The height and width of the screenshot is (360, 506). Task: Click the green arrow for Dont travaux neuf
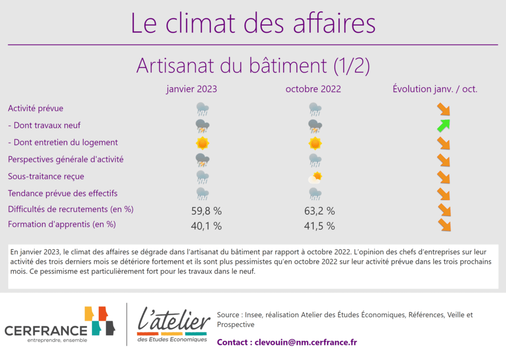click(x=443, y=125)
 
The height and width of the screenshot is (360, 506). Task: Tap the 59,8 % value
click(x=206, y=211)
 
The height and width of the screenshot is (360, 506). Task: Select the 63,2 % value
click(x=320, y=211)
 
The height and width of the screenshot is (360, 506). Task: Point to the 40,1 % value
click(x=206, y=226)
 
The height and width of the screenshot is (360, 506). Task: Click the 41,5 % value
click(x=320, y=226)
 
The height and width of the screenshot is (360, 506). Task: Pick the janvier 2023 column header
click(x=192, y=89)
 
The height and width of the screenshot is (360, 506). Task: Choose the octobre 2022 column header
click(x=313, y=89)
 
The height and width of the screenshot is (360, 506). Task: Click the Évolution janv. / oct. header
click(x=435, y=89)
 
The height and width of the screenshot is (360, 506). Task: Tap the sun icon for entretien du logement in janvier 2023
click(x=202, y=143)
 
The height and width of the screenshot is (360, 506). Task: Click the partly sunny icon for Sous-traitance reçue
click(x=315, y=177)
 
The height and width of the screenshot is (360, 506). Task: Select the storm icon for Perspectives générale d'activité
click(x=202, y=160)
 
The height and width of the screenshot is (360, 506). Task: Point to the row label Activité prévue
click(x=36, y=108)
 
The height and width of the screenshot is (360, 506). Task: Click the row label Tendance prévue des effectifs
click(x=63, y=193)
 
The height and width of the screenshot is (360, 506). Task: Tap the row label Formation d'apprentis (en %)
click(x=62, y=224)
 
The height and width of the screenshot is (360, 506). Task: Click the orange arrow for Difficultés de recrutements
click(x=444, y=210)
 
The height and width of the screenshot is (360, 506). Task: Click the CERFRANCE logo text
click(x=46, y=331)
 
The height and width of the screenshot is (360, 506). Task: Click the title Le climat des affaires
click(x=253, y=23)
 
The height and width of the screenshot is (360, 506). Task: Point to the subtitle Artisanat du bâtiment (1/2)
click(x=253, y=66)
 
